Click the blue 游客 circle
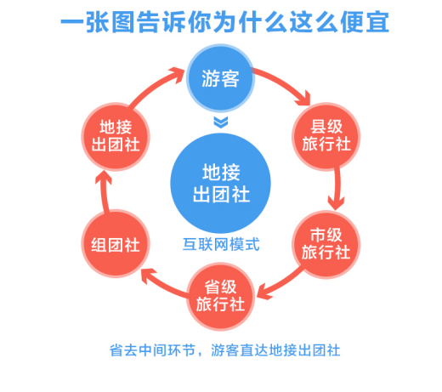pos(220,78)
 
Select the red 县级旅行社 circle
pos(326,136)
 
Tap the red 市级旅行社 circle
pos(326,244)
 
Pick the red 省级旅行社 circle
pos(220,297)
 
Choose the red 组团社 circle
pos(116,243)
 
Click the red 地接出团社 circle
pos(116,136)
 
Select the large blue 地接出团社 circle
pos(220,183)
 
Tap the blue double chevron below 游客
pos(221,122)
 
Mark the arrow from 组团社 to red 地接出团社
pos(105,193)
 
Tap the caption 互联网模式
pos(221,244)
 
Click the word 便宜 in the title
pos(365,22)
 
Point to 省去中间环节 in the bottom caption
pos(152,350)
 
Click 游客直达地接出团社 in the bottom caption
pos(275,350)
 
